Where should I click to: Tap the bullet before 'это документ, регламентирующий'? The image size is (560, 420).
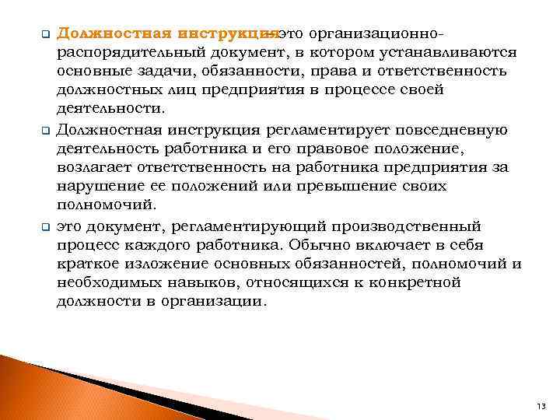(45, 227)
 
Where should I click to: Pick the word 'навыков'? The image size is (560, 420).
(197, 282)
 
